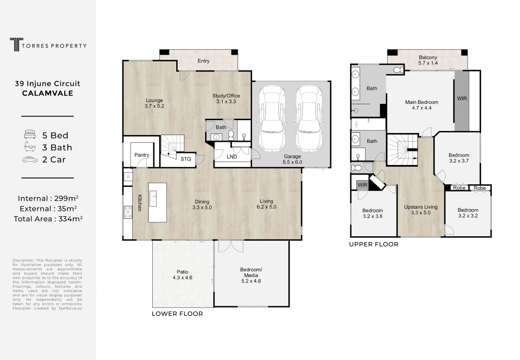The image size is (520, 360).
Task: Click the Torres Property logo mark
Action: [14, 45]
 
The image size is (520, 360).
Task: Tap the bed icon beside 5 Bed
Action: [30, 135]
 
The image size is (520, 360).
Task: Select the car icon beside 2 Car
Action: [30, 160]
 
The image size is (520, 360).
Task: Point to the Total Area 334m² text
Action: [48, 219]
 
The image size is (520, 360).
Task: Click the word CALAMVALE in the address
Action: [48, 93]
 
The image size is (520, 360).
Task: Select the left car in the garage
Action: [272, 118]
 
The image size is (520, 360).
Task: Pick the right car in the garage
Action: [309, 118]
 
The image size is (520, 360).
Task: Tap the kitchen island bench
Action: [157, 202]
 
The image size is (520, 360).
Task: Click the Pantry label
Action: [141, 155]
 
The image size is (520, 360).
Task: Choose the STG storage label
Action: [186, 159]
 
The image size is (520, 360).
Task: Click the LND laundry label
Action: [232, 157]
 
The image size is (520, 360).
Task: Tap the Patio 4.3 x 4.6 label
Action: [183, 275]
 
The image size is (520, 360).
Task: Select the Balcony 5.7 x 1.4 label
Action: [428, 60]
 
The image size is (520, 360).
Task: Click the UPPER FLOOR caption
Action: [374, 244]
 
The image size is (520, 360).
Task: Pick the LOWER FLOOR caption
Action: [178, 313]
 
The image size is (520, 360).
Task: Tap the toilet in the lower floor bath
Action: [231, 135]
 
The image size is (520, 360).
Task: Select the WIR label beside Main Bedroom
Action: [462, 98]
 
